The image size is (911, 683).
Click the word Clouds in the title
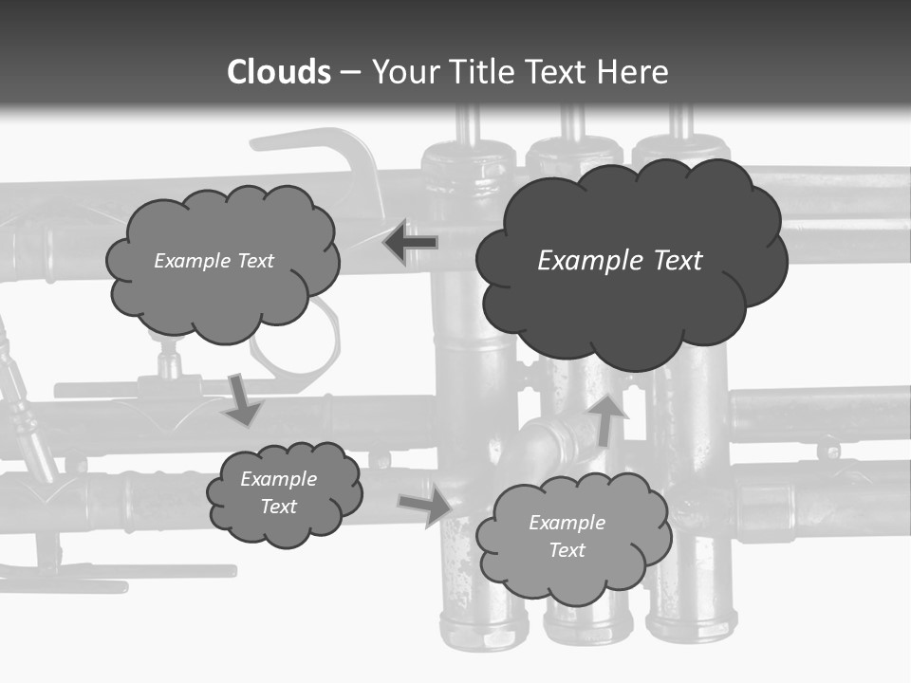pyautogui.click(x=278, y=72)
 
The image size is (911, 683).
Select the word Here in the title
pyautogui.click(x=637, y=72)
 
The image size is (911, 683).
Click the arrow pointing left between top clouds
pyautogui.click(x=410, y=243)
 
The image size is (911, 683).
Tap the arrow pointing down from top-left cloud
pyautogui.click(x=243, y=399)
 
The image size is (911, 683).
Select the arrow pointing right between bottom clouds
pyautogui.click(x=425, y=506)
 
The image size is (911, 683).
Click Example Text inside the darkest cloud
pyautogui.click(x=620, y=260)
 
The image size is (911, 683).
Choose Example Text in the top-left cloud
pyautogui.click(x=214, y=260)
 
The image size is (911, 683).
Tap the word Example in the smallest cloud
pyautogui.click(x=278, y=479)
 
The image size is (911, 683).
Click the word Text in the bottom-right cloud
pyautogui.click(x=567, y=550)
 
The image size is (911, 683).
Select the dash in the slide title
pyautogui.click(x=350, y=73)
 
